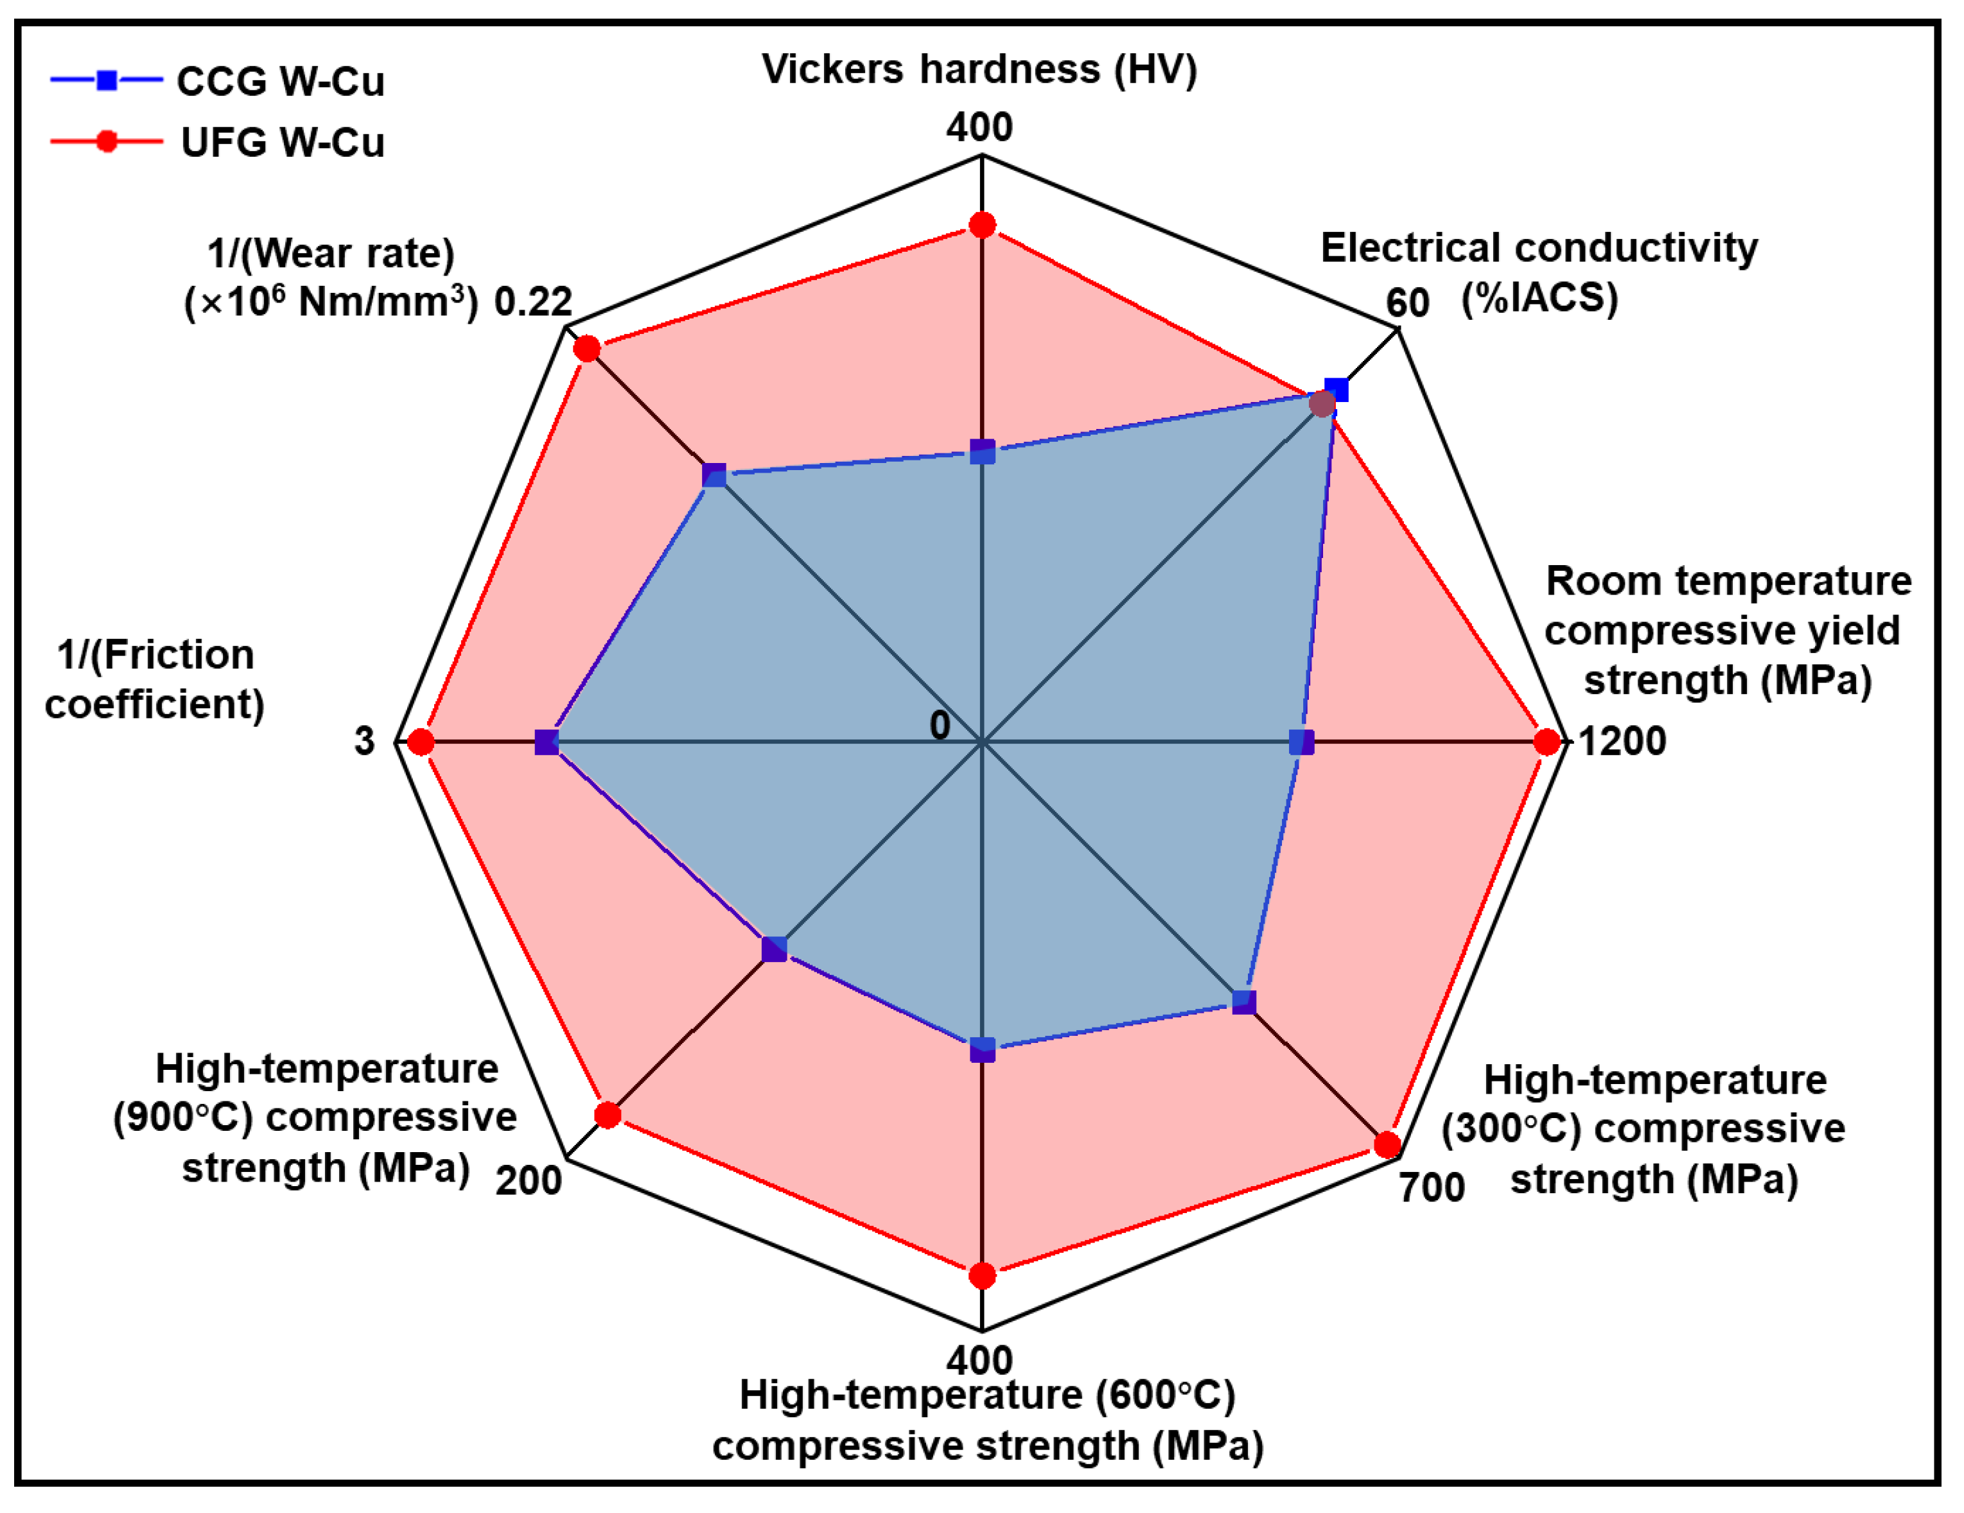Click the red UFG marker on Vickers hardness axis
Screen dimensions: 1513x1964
[982, 225]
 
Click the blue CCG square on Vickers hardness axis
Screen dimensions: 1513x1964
[982, 451]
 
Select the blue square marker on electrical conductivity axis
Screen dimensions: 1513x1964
[1337, 389]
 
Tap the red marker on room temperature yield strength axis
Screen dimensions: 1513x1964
[1547, 742]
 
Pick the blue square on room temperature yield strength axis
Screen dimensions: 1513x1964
[1301, 742]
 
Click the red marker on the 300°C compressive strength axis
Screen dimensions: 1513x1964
[1387, 1145]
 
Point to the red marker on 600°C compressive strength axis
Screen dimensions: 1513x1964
[982, 1275]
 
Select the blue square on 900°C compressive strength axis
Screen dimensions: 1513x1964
[773, 949]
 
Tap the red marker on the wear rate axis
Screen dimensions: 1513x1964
[587, 348]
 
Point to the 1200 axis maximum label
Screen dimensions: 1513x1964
[1622, 742]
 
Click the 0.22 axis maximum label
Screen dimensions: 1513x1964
[533, 302]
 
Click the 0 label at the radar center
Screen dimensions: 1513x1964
[940, 724]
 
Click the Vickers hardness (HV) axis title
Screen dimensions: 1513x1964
[979, 69]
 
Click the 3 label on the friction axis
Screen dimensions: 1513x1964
[364, 742]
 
